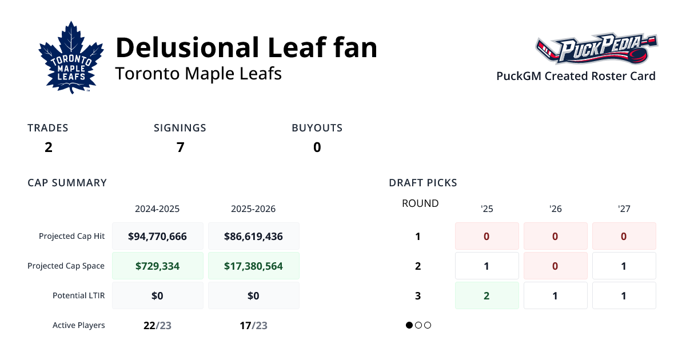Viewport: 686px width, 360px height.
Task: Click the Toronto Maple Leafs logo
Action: (71, 57)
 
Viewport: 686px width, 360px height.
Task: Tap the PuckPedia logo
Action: (596, 49)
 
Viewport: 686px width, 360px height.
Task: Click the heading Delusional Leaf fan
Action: (246, 48)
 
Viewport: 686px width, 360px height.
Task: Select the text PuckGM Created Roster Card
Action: (576, 76)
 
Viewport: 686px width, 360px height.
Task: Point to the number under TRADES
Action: (48, 147)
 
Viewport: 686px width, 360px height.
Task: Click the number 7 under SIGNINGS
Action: (180, 147)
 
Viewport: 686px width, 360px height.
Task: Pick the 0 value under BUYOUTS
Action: (317, 147)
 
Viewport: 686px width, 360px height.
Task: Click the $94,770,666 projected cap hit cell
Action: (158, 236)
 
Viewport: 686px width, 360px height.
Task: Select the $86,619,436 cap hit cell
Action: (253, 236)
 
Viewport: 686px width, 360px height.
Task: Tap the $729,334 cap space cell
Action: (158, 266)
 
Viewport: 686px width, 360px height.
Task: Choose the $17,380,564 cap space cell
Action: (253, 266)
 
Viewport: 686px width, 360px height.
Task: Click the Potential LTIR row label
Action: (78, 295)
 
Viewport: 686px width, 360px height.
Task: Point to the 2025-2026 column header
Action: (253, 209)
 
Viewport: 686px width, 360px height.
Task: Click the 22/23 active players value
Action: (158, 325)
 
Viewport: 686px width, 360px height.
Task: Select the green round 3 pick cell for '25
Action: (486, 295)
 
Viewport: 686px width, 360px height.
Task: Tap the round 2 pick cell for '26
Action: (555, 266)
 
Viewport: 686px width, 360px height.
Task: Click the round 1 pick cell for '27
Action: (624, 236)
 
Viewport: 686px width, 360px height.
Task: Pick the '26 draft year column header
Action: (555, 209)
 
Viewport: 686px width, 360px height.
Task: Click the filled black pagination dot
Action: (409, 325)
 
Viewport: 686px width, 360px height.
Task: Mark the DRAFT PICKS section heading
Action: (422, 183)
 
